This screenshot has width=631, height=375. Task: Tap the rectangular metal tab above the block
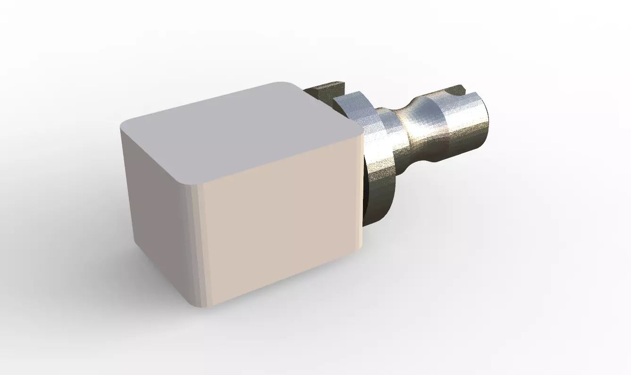(326, 90)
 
